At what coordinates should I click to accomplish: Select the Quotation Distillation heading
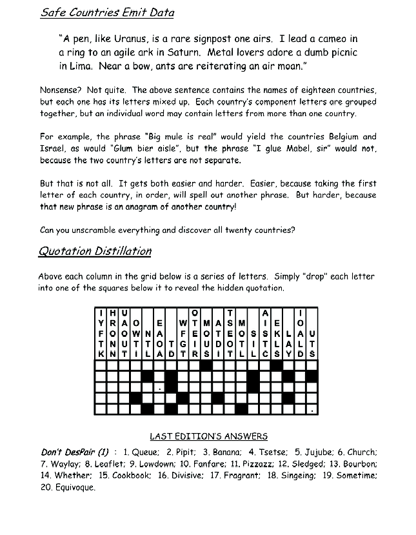click(95, 252)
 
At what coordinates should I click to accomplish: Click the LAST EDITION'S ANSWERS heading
click(208, 437)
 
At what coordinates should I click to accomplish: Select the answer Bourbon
click(360, 463)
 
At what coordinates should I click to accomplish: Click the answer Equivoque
click(75, 487)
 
